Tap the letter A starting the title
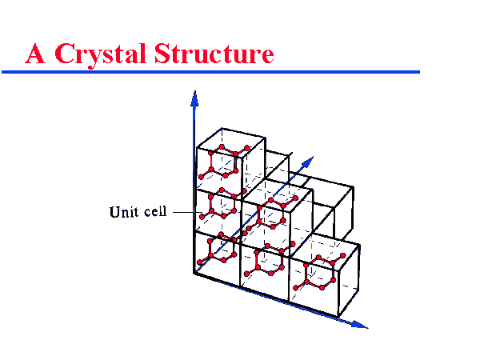click(35, 54)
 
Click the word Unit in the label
click(122, 213)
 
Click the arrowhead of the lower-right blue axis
click(362, 325)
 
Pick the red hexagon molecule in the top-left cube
click(221, 161)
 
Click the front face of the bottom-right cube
click(316, 284)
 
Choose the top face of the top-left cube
click(230, 138)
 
